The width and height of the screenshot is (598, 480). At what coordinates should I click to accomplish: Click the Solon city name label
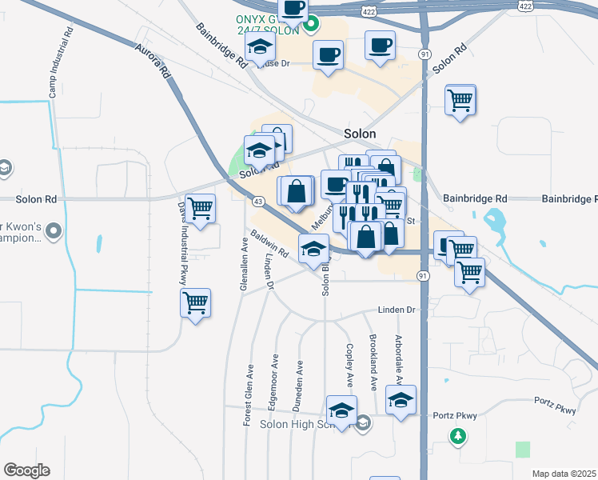point(360,134)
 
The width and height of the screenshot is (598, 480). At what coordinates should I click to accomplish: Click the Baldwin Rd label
point(269,244)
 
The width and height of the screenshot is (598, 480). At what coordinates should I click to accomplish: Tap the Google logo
point(26,470)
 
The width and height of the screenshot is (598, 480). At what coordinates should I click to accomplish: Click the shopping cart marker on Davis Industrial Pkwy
point(195,304)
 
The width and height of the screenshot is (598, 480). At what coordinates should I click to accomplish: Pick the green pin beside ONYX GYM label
point(313,24)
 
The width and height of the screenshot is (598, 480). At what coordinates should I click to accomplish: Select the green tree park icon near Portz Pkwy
point(458,437)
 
